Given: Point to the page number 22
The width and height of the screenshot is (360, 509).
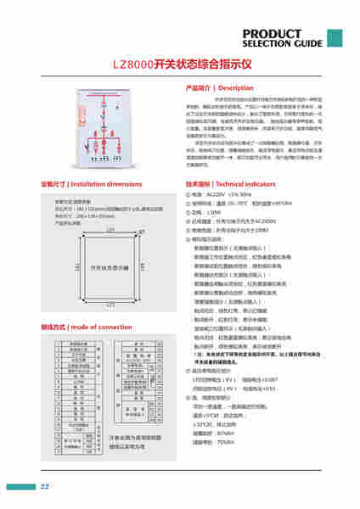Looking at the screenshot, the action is click(45, 486).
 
